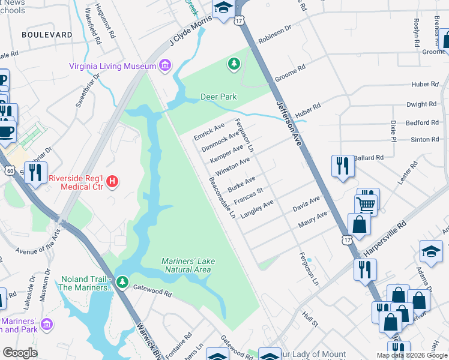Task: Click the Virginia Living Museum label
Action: click(113, 66)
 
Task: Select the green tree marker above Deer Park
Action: click(234, 63)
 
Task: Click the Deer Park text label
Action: click(218, 97)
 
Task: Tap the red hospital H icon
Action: click(111, 181)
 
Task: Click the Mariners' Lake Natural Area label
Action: click(188, 265)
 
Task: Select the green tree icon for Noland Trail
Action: click(122, 281)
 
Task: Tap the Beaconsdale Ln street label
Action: click(221, 197)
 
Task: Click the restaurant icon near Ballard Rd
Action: click(342, 166)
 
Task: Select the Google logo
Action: click(19, 353)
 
